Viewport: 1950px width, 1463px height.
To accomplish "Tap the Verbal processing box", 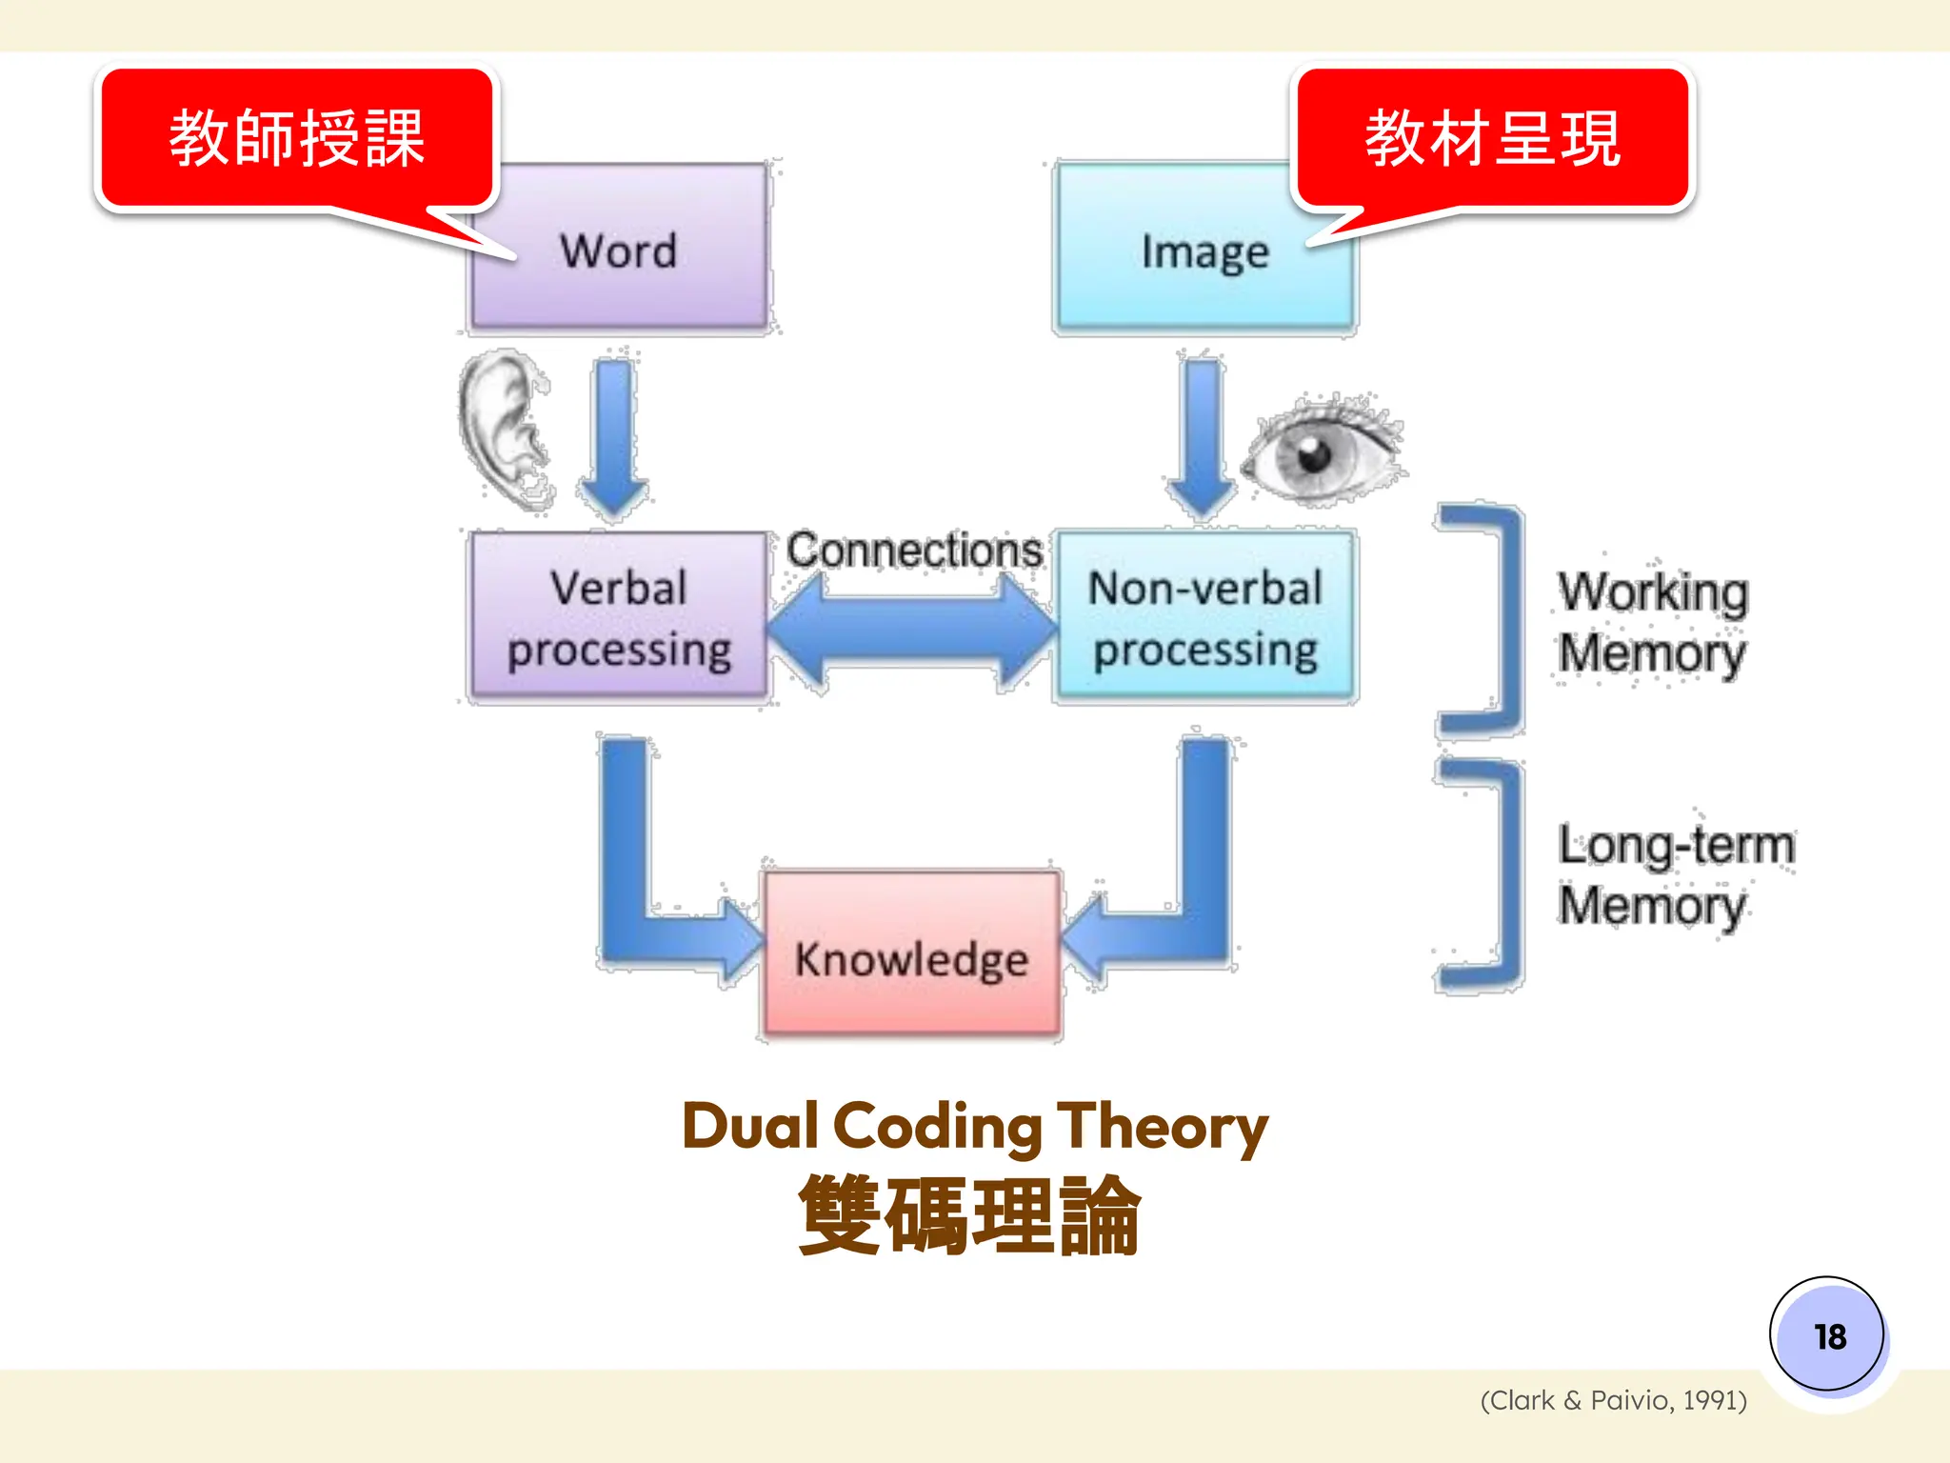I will coord(619,619).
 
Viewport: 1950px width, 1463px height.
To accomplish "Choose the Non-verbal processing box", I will coord(1205,619).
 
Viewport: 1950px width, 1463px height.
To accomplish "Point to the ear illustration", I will coord(502,429).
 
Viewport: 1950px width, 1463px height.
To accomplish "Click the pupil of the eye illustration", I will coord(1316,454).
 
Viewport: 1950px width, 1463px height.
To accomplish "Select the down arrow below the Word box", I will coord(614,438).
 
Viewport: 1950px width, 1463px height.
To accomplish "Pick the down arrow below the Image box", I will coord(1203,438).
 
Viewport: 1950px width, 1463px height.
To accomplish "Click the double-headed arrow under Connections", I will coord(911,633).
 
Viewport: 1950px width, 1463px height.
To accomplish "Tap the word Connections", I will coord(913,551).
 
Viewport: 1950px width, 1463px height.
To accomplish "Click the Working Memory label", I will coord(1652,623).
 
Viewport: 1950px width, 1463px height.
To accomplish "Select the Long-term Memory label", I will coord(1674,874).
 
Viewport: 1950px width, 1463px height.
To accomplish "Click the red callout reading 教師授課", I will coord(297,138).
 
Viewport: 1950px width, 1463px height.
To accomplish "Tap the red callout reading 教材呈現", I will coord(1492,138).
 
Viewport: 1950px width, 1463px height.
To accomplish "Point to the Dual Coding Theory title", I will coord(974,1127).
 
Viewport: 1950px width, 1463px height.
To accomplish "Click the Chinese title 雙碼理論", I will coord(969,1215).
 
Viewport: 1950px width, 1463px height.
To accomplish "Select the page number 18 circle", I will coord(1827,1334).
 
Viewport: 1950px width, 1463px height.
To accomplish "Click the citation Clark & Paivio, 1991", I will coord(1613,1400).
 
